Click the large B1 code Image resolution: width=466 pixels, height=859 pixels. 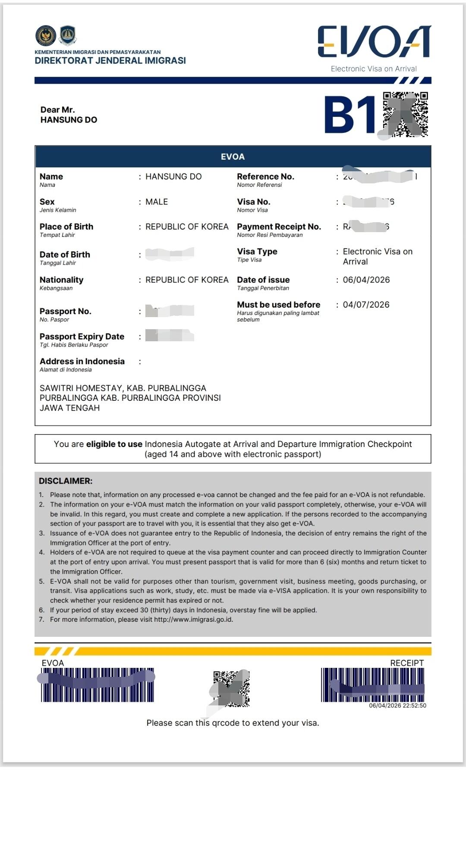coord(350,115)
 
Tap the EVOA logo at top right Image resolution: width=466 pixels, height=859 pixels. coord(374,41)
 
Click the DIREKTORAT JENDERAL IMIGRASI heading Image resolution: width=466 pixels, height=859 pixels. coord(110,60)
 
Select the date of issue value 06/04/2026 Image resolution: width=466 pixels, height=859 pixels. coord(366,280)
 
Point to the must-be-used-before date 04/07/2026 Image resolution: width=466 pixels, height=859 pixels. coord(366,305)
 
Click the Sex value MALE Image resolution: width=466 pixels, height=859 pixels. coord(157,201)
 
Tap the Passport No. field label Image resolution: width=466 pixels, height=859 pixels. coord(65,311)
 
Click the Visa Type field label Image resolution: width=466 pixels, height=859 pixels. coord(257,252)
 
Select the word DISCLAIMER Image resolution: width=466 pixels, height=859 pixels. coord(66,481)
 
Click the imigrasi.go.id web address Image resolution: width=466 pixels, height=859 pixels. coord(193,620)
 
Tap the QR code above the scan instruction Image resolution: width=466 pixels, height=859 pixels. coord(232,688)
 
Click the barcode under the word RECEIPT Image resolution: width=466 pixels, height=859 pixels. coord(372,685)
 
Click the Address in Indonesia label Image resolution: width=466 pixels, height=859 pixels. coord(82,362)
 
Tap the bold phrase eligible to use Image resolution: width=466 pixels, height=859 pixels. coord(114,444)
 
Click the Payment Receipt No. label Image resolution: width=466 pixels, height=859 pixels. coord(279,227)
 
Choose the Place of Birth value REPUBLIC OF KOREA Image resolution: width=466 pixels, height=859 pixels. coord(187,227)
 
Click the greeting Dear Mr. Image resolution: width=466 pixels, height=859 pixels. coord(57,110)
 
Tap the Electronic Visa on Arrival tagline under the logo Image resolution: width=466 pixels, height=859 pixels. coord(374,69)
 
